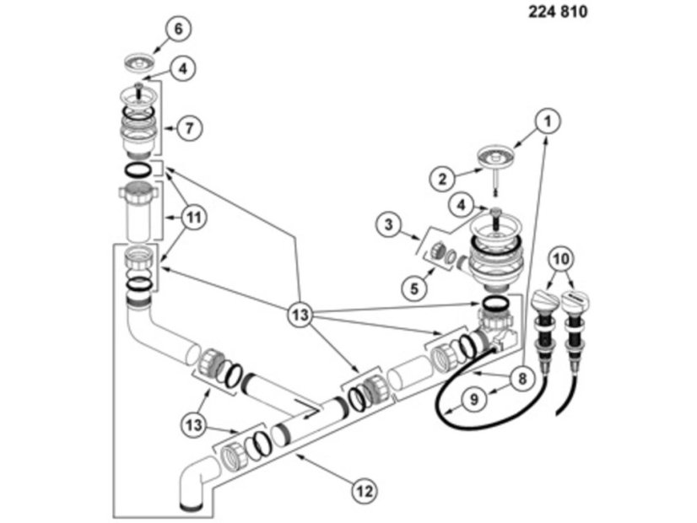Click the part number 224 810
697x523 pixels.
tap(559, 12)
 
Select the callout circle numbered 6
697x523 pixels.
tap(178, 29)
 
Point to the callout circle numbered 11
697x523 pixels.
tap(194, 218)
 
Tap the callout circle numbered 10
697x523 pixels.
tap(564, 256)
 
